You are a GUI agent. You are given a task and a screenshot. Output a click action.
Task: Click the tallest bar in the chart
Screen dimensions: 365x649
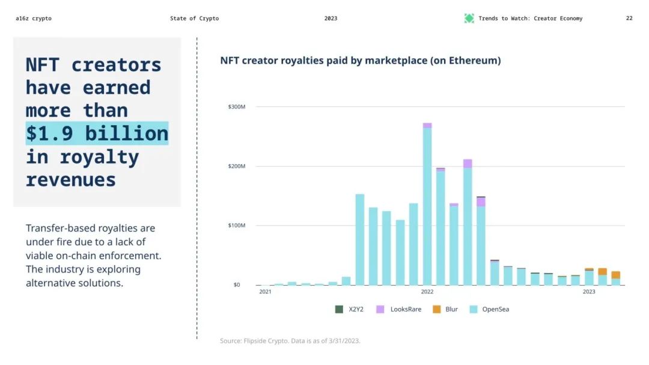pos(427,204)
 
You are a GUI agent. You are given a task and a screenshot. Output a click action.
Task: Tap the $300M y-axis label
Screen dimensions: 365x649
pos(237,107)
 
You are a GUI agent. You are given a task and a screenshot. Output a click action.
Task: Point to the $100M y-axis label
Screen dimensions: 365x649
pos(237,225)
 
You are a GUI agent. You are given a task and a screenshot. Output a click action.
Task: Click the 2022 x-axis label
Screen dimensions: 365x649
pos(427,292)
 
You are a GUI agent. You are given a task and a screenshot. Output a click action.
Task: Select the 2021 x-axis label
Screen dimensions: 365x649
pos(265,292)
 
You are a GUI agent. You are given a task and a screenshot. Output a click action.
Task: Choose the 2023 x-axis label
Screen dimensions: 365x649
pos(589,292)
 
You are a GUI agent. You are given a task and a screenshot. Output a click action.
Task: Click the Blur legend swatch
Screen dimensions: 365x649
pos(437,309)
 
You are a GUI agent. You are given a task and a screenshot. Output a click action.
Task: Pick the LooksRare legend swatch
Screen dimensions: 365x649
pos(380,309)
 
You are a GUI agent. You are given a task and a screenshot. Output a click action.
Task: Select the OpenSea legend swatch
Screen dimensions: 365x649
pos(474,309)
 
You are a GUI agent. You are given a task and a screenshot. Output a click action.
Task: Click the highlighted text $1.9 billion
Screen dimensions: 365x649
pos(97,133)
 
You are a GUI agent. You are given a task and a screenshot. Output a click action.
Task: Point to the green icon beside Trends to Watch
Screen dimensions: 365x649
pos(469,19)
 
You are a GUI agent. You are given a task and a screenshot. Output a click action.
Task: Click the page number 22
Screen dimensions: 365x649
pos(629,19)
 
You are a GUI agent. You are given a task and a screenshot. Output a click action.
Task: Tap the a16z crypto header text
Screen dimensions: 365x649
pos(34,19)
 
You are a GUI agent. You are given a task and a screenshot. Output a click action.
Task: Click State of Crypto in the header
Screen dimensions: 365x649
pos(194,19)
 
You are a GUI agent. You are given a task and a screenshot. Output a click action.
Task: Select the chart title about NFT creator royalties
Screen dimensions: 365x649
pos(361,61)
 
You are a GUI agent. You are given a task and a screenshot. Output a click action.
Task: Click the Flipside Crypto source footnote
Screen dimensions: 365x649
pos(290,341)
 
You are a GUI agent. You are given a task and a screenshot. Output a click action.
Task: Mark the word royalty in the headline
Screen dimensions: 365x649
pos(99,157)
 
